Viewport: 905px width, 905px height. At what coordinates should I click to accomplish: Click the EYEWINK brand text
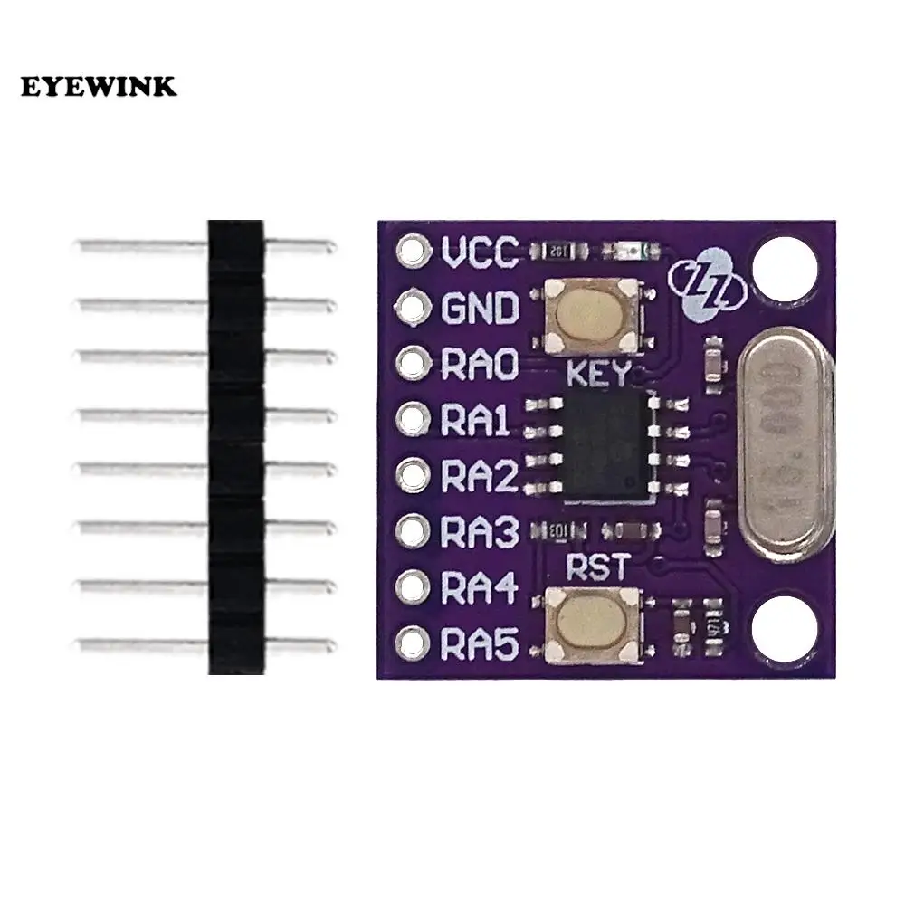coord(100,87)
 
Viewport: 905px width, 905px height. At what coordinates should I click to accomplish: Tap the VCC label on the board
coord(481,252)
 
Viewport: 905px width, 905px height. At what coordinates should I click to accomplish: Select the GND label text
coord(481,309)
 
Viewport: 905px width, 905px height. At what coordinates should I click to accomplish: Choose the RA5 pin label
coord(481,644)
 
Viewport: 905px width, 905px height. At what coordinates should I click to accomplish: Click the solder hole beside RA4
coord(413,588)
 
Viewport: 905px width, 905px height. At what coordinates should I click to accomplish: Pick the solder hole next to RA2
coord(413,475)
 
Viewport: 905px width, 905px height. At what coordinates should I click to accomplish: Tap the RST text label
coord(595,569)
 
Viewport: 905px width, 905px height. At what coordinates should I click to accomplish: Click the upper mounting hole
coord(784,269)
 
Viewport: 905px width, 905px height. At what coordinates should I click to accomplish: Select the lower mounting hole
coord(784,627)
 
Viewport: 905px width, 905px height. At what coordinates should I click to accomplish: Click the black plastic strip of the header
coord(235,448)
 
